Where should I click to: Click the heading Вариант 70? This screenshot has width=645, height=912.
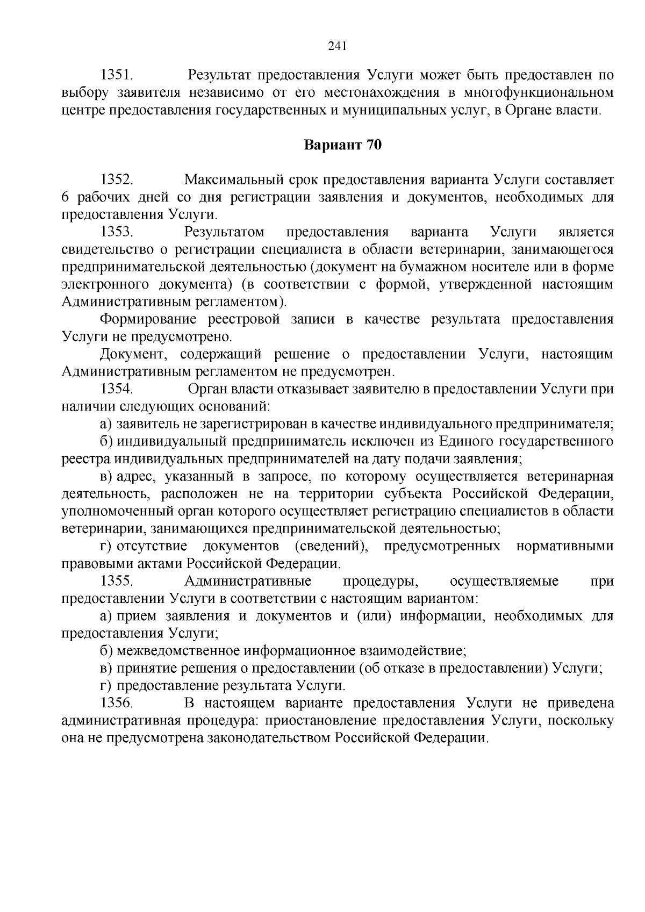click(x=343, y=145)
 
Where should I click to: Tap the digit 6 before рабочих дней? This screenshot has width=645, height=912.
click(x=66, y=197)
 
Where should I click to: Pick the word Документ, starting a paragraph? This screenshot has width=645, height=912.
click(x=134, y=354)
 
